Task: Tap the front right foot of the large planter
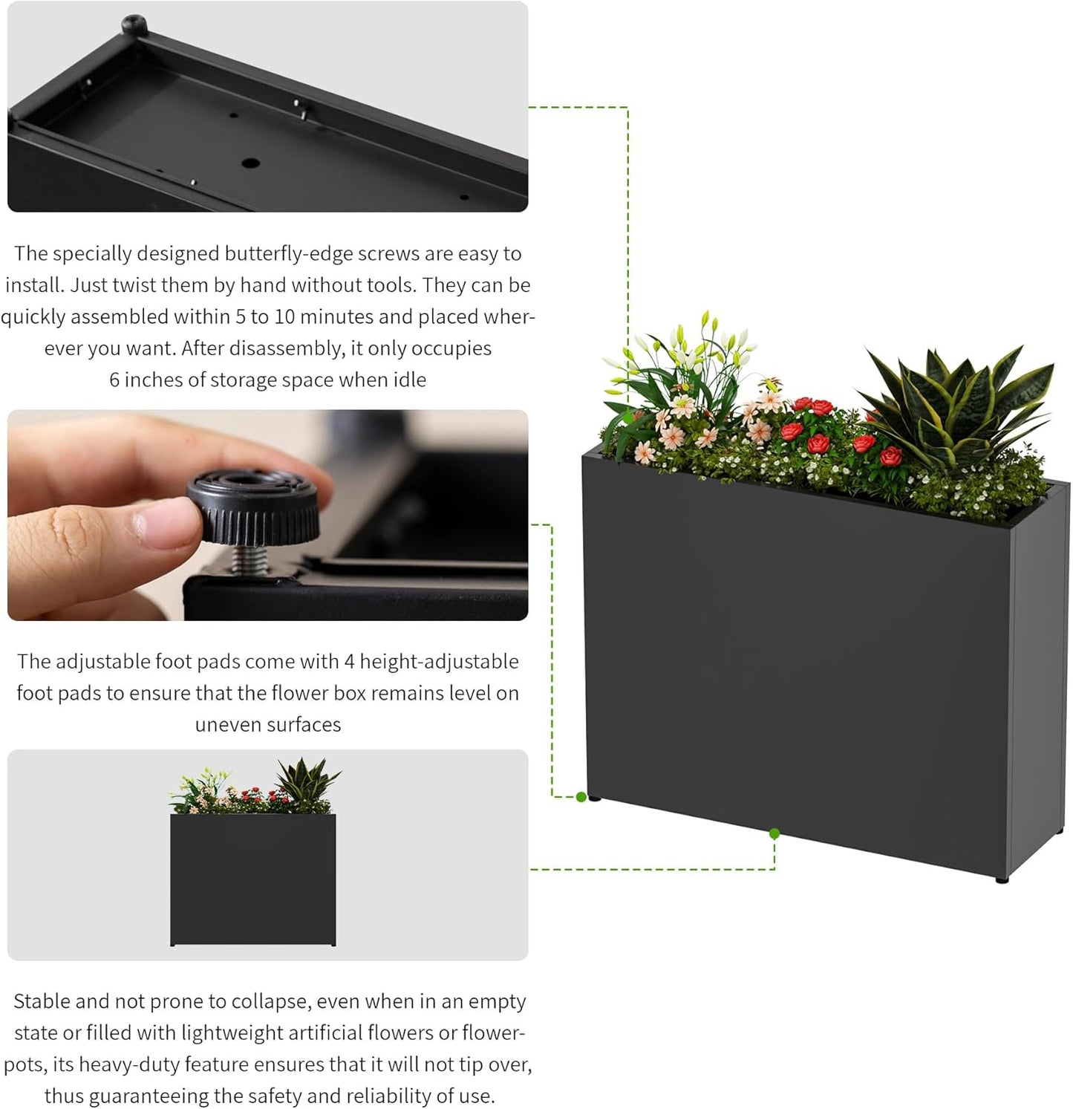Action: point(1002,879)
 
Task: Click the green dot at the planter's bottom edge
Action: point(774,833)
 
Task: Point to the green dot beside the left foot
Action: point(581,797)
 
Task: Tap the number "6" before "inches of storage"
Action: point(114,380)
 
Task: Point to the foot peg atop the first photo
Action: point(133,22)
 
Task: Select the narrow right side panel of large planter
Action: point(1037,676)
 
